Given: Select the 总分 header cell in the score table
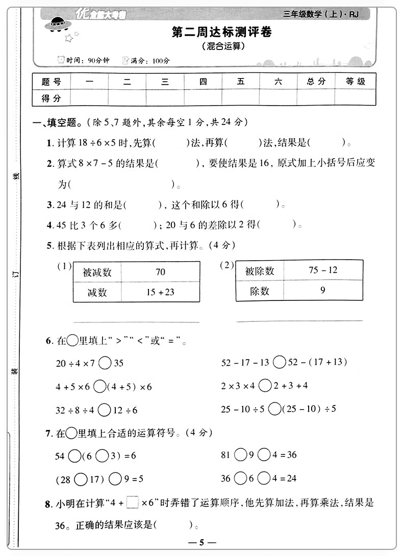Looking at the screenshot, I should tap(316, 82).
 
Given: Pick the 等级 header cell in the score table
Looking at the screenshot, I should tap(356, 82).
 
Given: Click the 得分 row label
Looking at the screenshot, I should tap(51, 97).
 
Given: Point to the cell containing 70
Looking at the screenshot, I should tap(160, 272).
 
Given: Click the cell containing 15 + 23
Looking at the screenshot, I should tap(160, 292).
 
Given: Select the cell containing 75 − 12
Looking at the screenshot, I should tap(323, 270).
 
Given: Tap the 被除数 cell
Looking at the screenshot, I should tap(260, 270).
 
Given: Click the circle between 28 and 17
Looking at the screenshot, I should tap(81, 479).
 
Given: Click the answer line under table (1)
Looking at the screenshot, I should tap(137, 322).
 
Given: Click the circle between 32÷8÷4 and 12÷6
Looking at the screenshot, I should tap(105, 410).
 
